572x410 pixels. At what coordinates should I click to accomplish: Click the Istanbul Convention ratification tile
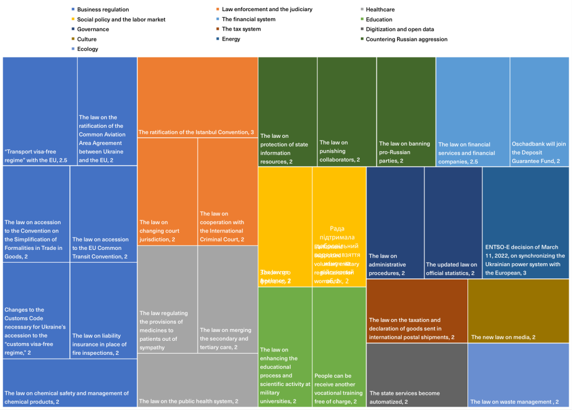pyautogui.click(x=197, y=98)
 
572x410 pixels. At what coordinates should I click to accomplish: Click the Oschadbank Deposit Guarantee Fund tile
pyautogui.click(x=539, y=112)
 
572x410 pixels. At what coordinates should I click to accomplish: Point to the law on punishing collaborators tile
pyautogui.click(x=346, y=112)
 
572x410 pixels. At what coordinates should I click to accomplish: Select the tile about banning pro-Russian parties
pyautogui.click(x=406, y=112)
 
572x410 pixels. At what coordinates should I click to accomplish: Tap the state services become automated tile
pyautogui.click(x=417, y=375)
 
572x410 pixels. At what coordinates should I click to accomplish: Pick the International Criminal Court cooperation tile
pyautogui.click(x=228, y=191)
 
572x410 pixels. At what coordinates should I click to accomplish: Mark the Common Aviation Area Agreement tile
pyautogui.click(x=107, y=111)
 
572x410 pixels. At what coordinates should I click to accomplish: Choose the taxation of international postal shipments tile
pyautogui.click(x=417, y=311)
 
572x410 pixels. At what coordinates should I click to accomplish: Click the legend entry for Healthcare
pyautogui.click(x=380, y=9)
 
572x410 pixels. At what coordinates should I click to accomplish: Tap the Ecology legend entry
pyautogui.click(x=87, y=49)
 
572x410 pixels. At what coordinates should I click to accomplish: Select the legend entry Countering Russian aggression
pyautogui.click(x=406, y=39)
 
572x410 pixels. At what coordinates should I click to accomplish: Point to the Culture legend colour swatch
pyautogui.click(x=73, y=39)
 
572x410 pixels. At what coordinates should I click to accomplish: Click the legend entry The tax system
pyautogui.click(x=241, y=29)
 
